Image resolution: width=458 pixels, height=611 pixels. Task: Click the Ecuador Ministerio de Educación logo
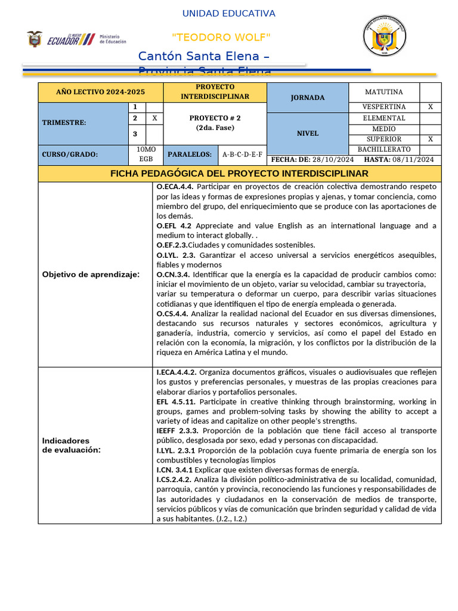[x=76, y=40]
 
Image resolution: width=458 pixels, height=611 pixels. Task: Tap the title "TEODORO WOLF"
[x=221, y=38]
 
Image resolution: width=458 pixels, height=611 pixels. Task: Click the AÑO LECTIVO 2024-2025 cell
[x=100, y=92]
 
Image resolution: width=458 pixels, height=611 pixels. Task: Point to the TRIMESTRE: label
[x=64, y=122]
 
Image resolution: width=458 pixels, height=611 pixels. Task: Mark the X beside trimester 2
[x=154, y=118]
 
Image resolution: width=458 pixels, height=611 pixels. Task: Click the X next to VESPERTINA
[x=431, y=107]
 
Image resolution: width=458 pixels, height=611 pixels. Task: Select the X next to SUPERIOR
[x=431, y=139]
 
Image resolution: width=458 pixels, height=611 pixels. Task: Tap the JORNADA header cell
[x=308, y=97]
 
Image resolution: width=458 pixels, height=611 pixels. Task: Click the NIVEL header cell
[x=308, y=134]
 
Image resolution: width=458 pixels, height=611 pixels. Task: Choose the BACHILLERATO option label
[x=384, y=149]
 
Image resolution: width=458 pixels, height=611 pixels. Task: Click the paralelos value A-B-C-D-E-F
[x=242, y=155]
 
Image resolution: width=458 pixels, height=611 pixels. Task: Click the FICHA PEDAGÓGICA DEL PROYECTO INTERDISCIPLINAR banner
[x=240, y=174]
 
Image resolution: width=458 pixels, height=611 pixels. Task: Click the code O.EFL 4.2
[x=174, y=226]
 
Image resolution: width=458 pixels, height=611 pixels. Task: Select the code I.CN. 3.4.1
[x=175, y=470]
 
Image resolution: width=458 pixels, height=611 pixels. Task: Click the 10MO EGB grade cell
[x=146, y=154]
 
